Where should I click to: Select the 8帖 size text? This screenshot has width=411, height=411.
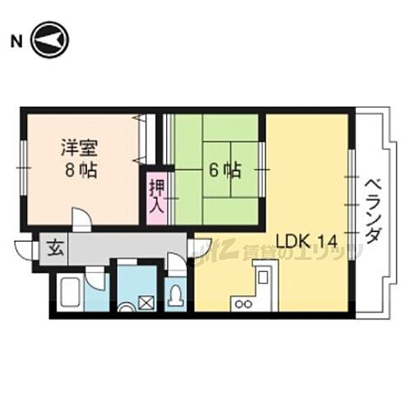[x=79, y=172]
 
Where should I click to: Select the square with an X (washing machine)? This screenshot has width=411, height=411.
[x=145, y=302]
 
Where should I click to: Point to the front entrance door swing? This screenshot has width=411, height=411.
[x=25, y=249]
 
